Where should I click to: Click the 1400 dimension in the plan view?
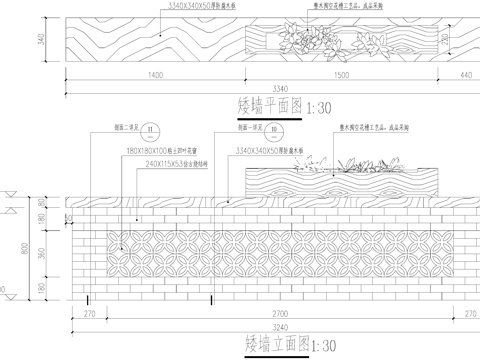click(x=152, y=76)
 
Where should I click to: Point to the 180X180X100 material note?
click(x=154, y=150)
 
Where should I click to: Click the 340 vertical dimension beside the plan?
click(x=41, y=40)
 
